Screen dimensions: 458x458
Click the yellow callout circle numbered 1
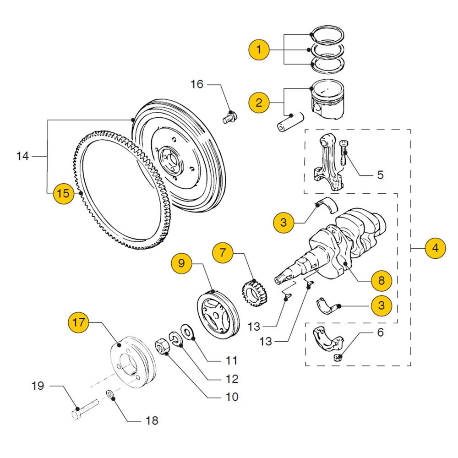click(x=259, y=49)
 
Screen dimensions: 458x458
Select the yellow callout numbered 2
click(x=259, y=102)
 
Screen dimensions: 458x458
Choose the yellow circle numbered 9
click(x=182, y=263)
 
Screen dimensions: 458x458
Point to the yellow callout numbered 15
click(x=63, y=193)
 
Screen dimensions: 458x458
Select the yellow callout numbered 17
click(x=79, y=322)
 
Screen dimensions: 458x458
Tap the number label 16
click(x=196, y=84)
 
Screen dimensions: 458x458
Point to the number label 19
click(x=38, y=386)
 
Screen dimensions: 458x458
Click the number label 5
click(x=380, y=174)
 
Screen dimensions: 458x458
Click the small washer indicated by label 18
click(x=110, y=394)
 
